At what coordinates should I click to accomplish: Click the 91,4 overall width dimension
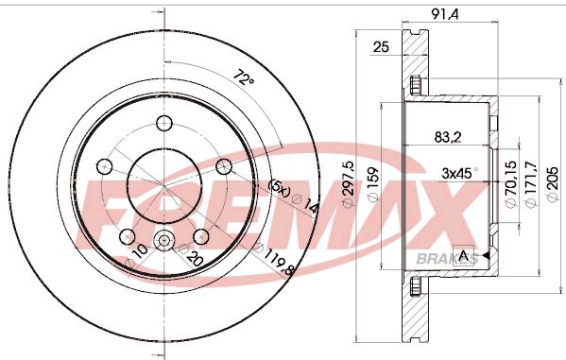click(445, 14)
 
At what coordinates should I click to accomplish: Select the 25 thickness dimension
click(381, 47)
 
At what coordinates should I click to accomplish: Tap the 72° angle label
click(245, 78)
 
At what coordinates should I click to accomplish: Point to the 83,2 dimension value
click(448, 137)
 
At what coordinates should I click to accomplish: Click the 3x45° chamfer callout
click(460, 173)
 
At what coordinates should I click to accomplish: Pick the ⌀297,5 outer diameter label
click(349, 185)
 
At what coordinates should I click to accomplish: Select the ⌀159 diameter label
click(372, 184)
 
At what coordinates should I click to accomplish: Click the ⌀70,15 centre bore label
click(511, 184)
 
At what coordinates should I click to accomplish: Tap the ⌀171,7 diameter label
click(531, 184)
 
